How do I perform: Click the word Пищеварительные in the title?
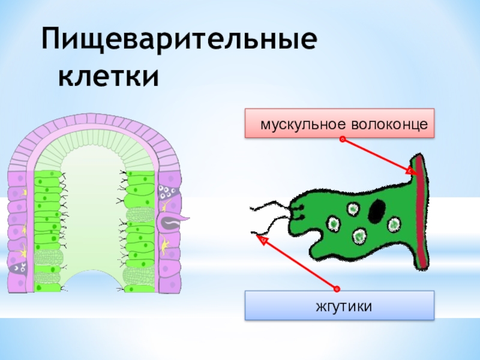click(x=178, y=43)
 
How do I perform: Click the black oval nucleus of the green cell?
click(x=377, y=210)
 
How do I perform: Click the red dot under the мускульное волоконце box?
click(x=341, y=140)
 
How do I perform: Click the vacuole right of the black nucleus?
click(x=394, y=224)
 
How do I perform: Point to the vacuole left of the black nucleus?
click(x=352, y=209)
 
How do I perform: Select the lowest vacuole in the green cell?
click(x=359, y=236)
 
